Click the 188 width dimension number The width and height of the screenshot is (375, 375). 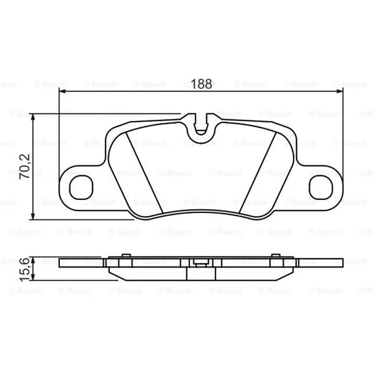(x=201, y=84)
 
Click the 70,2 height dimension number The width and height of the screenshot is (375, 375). (x=25, y=166)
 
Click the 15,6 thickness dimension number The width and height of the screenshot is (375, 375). (x=24, y=269)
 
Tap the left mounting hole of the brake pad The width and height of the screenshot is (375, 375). (x=81, y=187)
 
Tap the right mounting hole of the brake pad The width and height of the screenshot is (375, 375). (x=321, y=187)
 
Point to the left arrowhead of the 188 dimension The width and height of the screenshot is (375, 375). (x=62, y=91)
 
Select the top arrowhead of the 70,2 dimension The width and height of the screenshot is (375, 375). (x=33, y=117)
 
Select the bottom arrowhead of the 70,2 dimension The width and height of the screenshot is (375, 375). (x=33, y=216)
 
